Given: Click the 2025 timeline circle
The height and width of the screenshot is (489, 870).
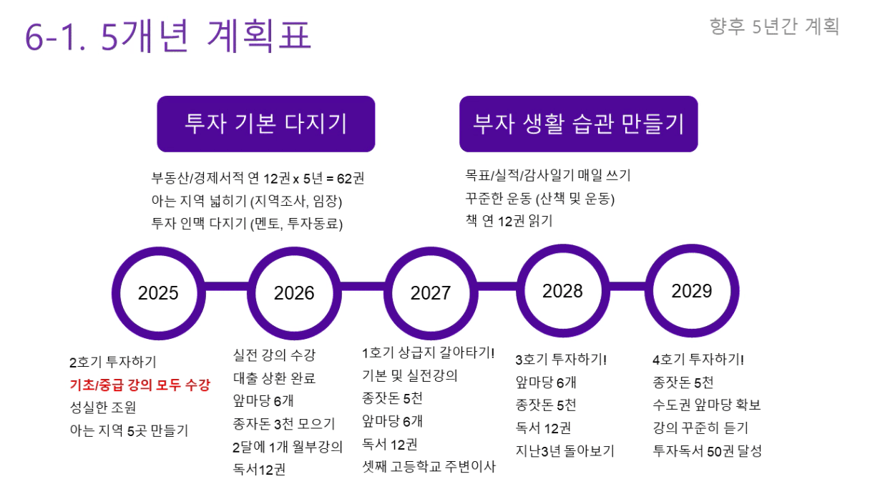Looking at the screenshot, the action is pyautogui.click(x=158, y=293).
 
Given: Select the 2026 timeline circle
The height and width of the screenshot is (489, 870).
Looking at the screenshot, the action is pyautogui.click(x=294, y=293).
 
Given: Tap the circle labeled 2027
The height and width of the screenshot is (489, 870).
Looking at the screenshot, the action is pyautogui.click(x=431, y=293).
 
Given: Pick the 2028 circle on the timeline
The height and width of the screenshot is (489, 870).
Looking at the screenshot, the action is pyautogui.click(x=563, y=291).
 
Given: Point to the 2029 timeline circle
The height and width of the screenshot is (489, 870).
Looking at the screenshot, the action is pyautogui.click(x=692, y=291).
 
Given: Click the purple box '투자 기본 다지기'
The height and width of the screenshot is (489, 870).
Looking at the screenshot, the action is pyautogui.click(x=266, y=124).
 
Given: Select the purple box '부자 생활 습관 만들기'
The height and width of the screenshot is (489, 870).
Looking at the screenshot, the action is pyautogui.click(x=579, y=124).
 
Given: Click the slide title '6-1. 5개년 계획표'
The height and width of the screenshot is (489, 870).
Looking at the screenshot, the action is pyautogui.click(x=168, y=36).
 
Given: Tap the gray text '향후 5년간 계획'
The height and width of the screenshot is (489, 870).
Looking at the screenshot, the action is pyautogui.click(x=774, y=26).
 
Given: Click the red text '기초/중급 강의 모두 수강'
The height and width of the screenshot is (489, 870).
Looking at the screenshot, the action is pyautogui.click(x=140, y=385).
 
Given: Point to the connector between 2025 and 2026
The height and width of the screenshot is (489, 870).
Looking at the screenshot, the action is pyautogui.click(x=227, y=287).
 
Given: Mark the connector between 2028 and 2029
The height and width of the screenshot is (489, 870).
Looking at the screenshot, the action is pyautogui.click(x=627, y=287).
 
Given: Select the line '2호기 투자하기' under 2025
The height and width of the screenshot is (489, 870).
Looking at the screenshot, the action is pyautogui.click(x=112, y=362).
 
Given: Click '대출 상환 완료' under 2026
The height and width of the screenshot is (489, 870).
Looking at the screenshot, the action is pyautogui.click(x=274, y=378).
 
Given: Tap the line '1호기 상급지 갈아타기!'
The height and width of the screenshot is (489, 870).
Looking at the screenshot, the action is pyautogui.click(x=428, y=352).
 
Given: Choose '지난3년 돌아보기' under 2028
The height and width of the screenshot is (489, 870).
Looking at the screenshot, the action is pyautogui.click(x=564, y=451).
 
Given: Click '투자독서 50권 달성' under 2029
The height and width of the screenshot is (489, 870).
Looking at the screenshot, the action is pyautogui.click(x=708, y=451).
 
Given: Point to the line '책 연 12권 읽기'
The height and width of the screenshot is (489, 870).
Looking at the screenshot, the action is pyautogui.click(x=509, y=221).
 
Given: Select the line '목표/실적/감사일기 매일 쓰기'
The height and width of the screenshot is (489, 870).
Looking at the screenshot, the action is pyautogui.click(x=547, y=175).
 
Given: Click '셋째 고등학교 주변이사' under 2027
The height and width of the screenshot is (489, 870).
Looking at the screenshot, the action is pyautogui.click(x=429, y=467).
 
